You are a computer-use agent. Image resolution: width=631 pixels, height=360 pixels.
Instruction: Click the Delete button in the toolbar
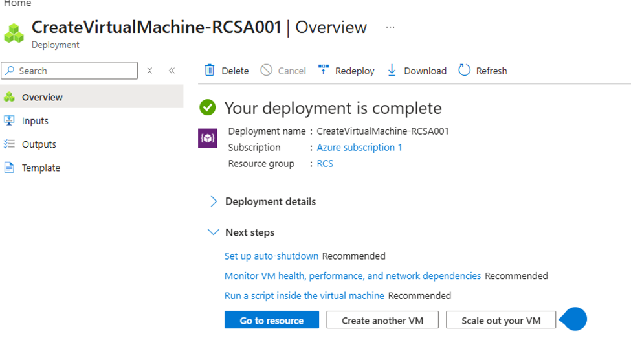[227, 71]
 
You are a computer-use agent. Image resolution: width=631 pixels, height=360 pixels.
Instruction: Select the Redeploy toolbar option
[346, 71]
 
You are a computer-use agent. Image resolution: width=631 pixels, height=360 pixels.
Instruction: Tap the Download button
[417, 71]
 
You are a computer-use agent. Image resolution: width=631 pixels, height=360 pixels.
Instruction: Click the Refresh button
[483, 71]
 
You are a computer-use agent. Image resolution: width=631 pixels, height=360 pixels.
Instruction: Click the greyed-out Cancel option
[283, 71]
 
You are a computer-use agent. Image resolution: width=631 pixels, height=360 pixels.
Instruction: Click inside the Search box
[69, 71]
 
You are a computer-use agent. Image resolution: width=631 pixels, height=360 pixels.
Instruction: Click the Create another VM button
[382, 320]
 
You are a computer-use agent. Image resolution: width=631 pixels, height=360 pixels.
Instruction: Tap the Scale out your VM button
[501, 320]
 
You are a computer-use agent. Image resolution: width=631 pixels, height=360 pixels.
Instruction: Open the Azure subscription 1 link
[359, 148]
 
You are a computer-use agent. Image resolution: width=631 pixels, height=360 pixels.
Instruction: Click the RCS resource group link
[325, 164]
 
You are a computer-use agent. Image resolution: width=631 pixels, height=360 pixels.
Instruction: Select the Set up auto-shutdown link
[271, 256]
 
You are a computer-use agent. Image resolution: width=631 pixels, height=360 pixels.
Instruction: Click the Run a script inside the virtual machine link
[304, 295]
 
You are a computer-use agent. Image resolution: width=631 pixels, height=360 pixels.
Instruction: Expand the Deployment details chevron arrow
[214, 201]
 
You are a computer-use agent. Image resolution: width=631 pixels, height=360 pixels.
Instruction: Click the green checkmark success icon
[208, 107]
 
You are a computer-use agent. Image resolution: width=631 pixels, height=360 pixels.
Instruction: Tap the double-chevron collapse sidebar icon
[172, 71]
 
